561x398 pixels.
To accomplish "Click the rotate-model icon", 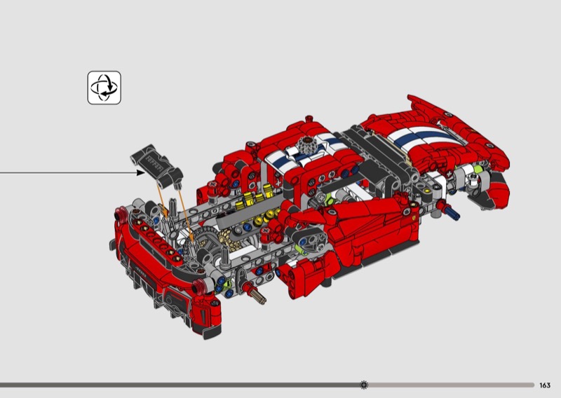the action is point(104,88).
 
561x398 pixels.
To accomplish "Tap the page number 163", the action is point(545,385).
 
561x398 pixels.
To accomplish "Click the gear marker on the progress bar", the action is point(364,385).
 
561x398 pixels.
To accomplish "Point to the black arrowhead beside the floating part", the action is point(141,172).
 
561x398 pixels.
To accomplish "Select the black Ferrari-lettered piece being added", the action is point(156,165).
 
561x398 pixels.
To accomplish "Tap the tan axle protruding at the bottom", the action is point(257,296).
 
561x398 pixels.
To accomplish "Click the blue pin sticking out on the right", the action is point(452,211).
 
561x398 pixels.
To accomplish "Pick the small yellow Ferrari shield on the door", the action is point(414,218).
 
